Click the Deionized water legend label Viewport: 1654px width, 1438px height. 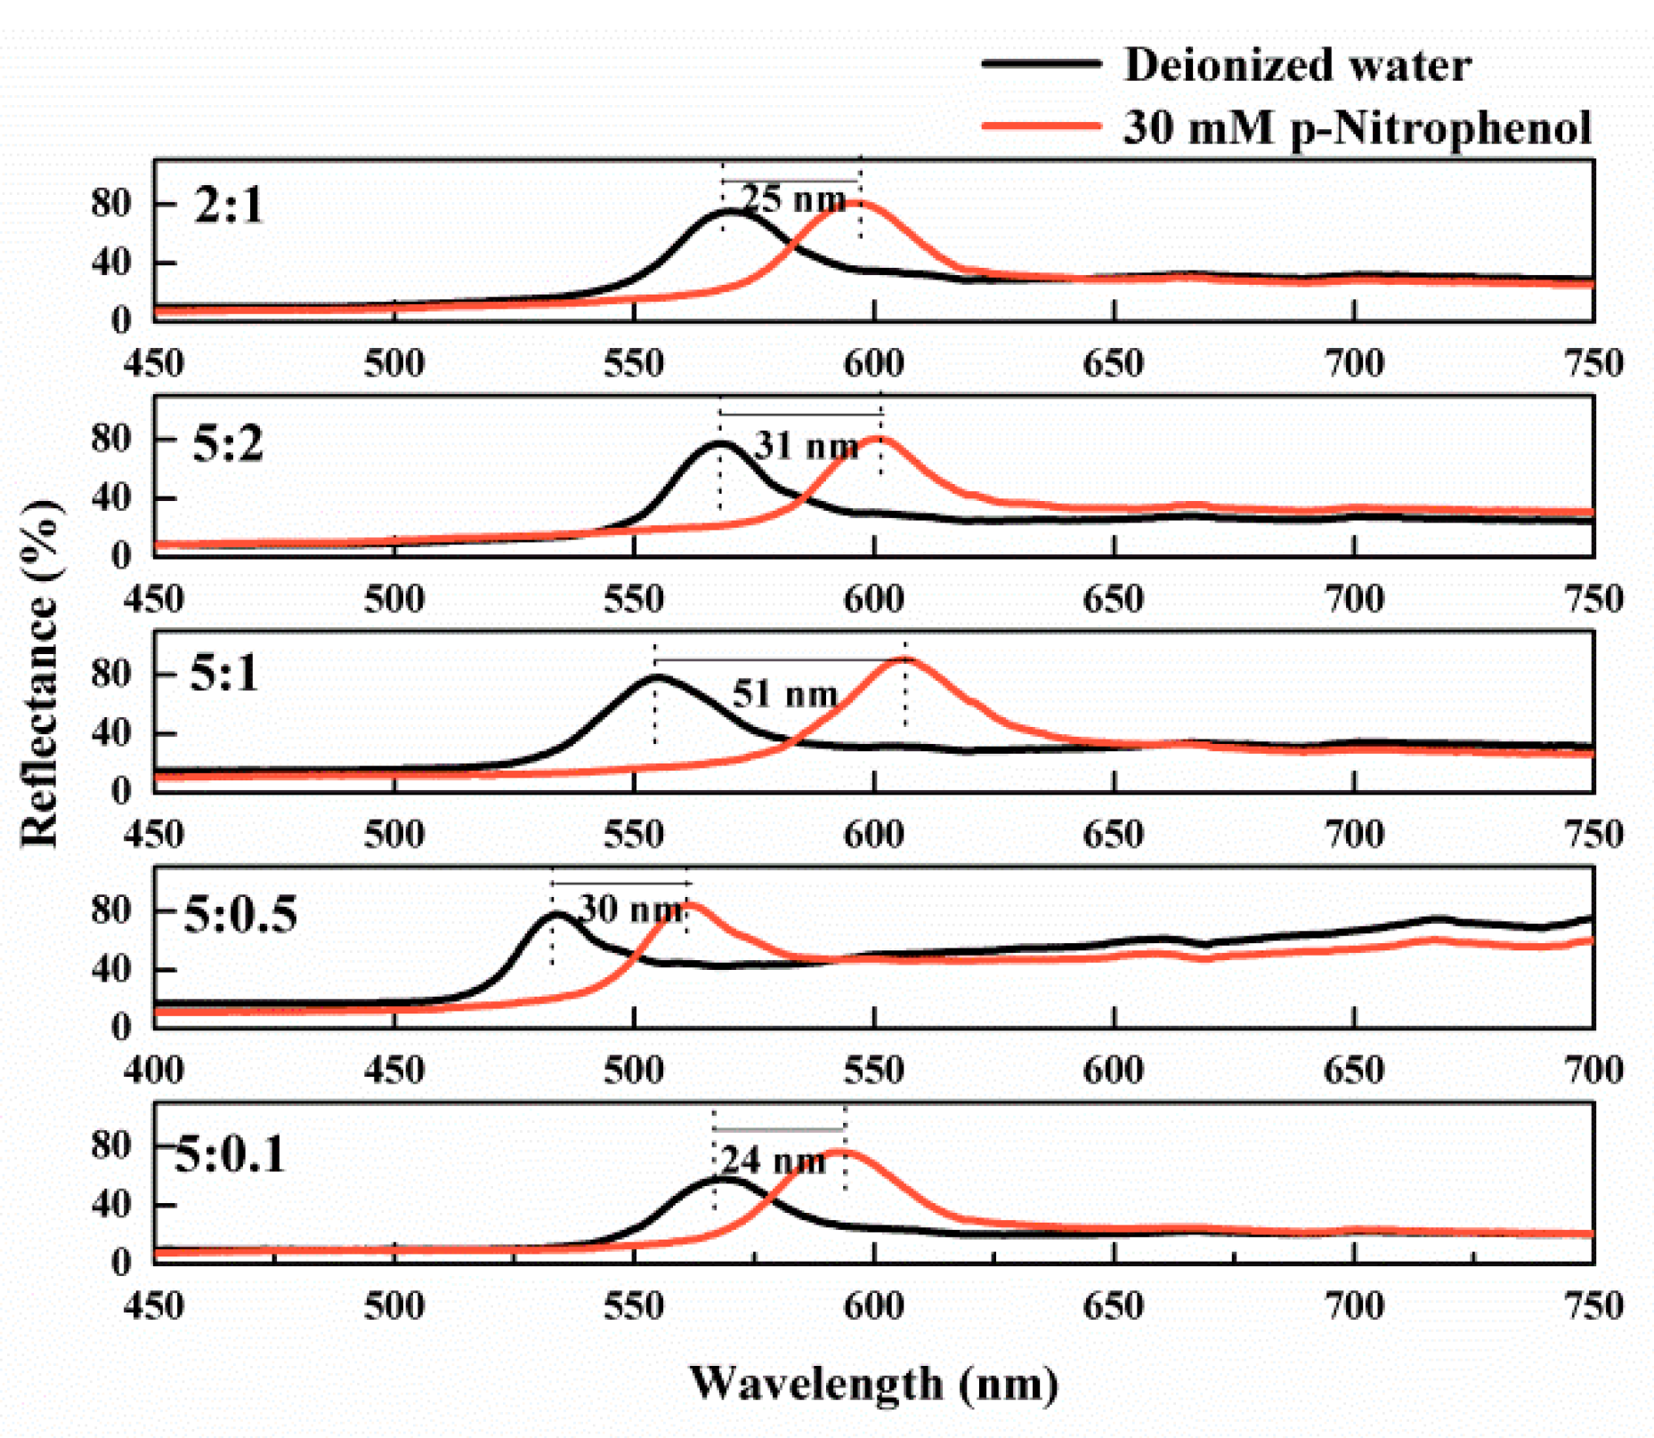(1296, 66)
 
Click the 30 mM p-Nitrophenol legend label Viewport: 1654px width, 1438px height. (1357, 128)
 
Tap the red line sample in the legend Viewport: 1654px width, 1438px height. (1041, 126)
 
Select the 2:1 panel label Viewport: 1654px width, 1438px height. (229, 206)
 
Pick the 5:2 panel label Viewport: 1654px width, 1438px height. (228, 443)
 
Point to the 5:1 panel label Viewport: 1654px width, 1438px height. (223, 674)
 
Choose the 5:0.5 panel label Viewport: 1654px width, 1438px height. (240, 915)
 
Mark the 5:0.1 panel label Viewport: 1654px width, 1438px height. (230, 1155)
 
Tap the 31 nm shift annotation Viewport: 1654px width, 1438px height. (807, 445)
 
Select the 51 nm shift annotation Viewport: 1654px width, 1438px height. (784, 693)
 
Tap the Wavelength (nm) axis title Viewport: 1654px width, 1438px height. (873, 1384)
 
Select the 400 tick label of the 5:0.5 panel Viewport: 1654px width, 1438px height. (154, 1070)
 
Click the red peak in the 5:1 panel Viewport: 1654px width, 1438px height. (905, 660)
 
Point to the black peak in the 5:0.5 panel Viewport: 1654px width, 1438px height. (555, 915)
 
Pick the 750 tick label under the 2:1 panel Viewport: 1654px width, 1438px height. (1593, 364)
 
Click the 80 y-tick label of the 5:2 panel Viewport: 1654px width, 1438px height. (111, 439)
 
